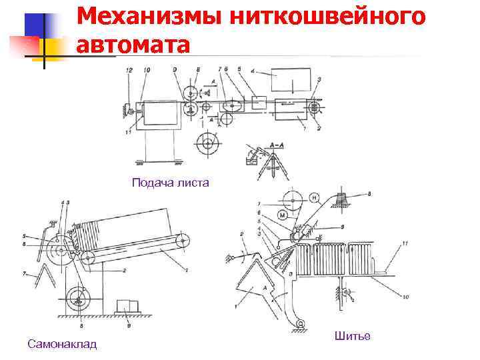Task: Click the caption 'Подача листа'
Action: coord(171,183)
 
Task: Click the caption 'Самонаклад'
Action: coord(62,344)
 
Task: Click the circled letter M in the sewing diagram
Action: coord(283,215)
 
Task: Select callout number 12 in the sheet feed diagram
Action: coord(129,70)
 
